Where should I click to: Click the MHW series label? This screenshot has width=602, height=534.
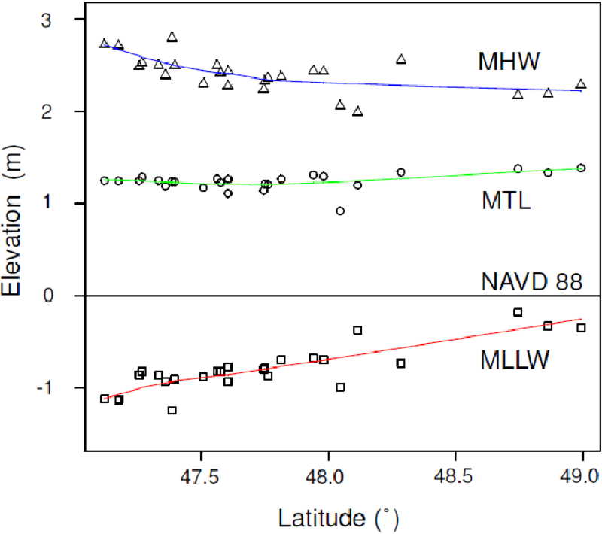click(x=509, y=61)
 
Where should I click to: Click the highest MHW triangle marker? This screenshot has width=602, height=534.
click(x=172, y=37)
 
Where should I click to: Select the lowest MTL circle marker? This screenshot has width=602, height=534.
click(x=340, y=211)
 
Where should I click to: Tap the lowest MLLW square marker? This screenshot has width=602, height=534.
click(x=172, y=410)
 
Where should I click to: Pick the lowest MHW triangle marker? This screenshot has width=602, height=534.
click(x=357, y=111)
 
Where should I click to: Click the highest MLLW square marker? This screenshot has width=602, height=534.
click(x=518, y=311)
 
